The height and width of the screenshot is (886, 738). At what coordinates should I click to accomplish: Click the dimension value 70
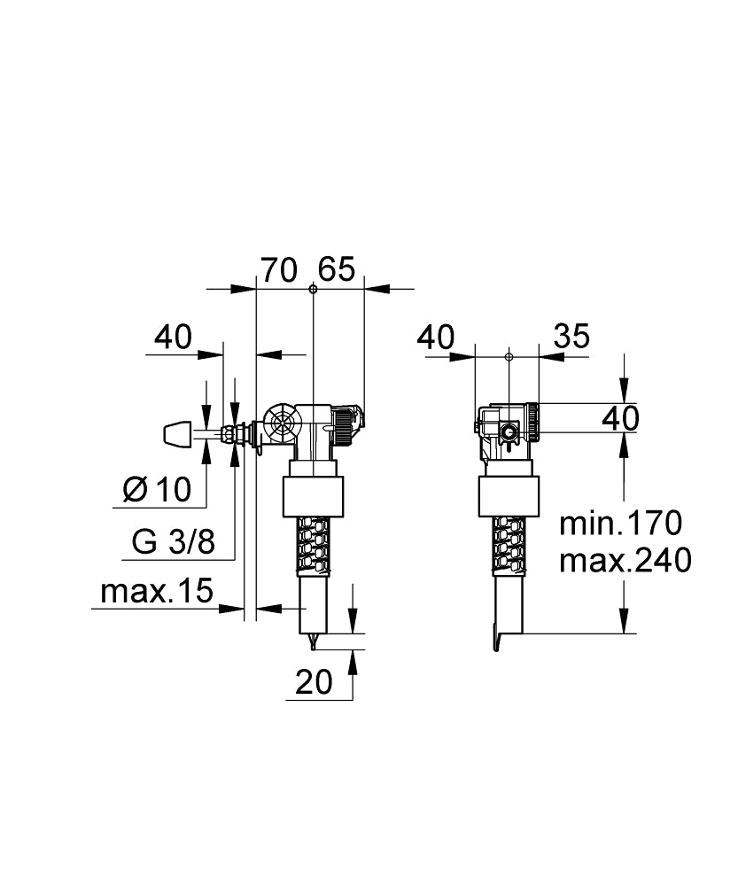click(x=278, y=269)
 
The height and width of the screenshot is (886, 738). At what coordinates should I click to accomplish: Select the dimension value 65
click(x=337, y=269)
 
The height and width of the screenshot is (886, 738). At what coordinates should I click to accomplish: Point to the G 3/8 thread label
click(x=173, y=542)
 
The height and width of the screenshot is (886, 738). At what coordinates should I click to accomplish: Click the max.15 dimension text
click(x=158, y=591)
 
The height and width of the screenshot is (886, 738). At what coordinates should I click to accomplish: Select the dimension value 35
click(x=571, y=337)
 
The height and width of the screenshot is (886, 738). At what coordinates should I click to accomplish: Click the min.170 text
click(x=620, y=524)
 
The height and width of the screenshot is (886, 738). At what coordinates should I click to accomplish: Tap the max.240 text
click(x=625, y=561)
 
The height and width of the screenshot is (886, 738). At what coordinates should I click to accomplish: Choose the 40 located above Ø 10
click(x=172, y=337)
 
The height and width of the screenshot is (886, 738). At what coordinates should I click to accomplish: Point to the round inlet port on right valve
click(x=510, y=432)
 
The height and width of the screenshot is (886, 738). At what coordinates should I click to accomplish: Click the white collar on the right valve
click(x=509, y=496)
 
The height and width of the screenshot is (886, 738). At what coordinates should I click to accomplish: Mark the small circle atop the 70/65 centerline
click(x=314, y=289)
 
